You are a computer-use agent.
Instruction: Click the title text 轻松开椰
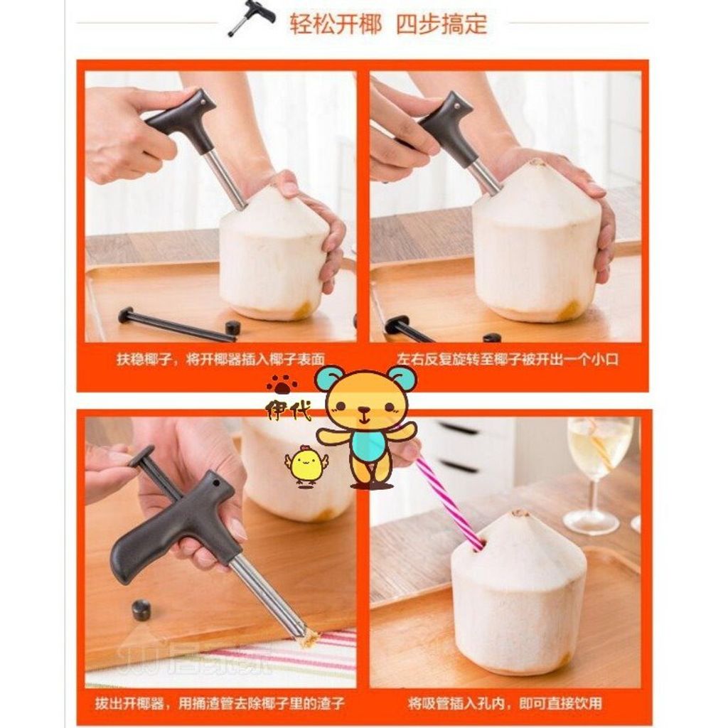(x=336, y=23)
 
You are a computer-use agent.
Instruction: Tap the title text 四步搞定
(x=441, y=23)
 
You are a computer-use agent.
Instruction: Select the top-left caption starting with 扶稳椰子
(x=220, y=359)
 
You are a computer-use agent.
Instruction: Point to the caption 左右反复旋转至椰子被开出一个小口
(x=508, y=359)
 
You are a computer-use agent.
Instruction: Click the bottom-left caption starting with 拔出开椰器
(x=220, y=703)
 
